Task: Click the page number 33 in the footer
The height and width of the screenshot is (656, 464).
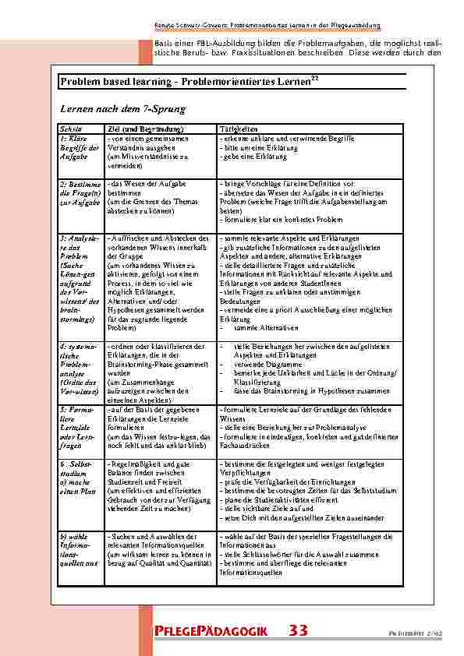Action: (298, 630)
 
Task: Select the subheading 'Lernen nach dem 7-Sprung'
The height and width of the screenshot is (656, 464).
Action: (112, 109)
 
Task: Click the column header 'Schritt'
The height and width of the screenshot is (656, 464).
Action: (68, 129)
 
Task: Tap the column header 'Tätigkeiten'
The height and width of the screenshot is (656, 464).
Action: (237, 129)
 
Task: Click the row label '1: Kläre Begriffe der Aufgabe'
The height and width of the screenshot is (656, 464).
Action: (76, 147)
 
